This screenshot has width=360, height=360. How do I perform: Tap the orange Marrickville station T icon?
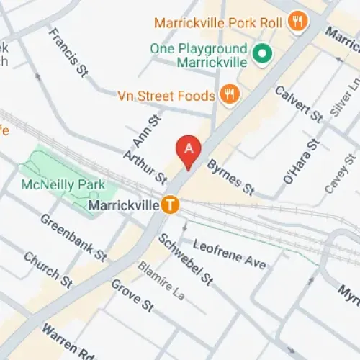pos(170,205)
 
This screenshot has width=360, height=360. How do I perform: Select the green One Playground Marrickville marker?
pos(263,53)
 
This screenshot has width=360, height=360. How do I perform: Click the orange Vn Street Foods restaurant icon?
pos(230,95)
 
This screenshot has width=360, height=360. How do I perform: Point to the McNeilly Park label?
pos(63,184)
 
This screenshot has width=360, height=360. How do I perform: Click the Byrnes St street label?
pos(230,177)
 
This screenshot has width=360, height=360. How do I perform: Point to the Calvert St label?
pos(299,104)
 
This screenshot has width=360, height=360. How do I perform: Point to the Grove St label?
pos(132,295)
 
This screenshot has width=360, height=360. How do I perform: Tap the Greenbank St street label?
pos(73,237)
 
